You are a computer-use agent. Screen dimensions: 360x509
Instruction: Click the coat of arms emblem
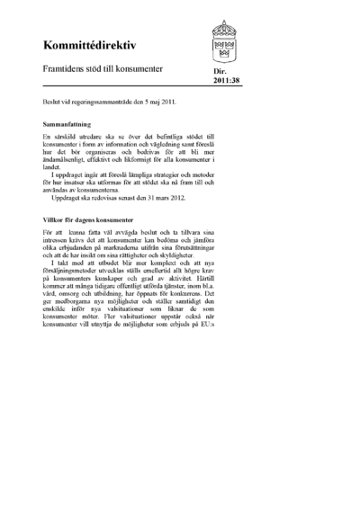click(x=228, y=40)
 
